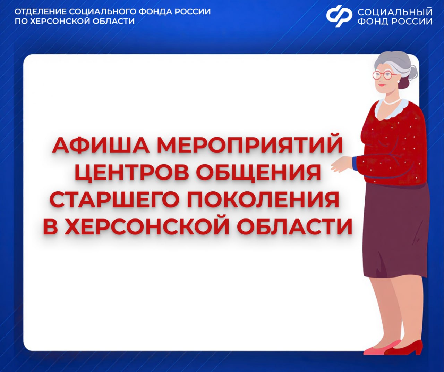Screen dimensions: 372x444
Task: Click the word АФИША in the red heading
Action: [x=101, y=145]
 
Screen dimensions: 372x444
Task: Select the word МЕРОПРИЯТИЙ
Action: [x=250, y=145]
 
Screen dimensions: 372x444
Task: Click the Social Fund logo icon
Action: [x=339, y=16]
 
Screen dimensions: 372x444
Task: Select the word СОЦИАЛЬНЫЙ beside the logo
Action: [x=395, y=12]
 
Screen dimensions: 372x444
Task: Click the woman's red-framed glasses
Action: [x=385, y=75]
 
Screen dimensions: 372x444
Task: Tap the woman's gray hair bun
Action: [x=413, y=73]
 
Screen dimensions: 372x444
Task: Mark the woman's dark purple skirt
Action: [x=395, y=229]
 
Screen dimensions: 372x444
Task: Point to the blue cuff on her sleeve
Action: [x=355, y=163]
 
